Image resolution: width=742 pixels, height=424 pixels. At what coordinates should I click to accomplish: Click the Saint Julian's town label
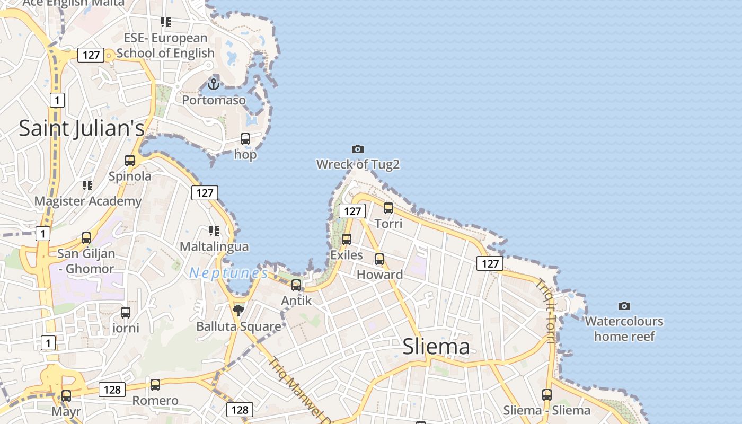82,128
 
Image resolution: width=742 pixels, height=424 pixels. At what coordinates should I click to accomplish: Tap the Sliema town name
436,347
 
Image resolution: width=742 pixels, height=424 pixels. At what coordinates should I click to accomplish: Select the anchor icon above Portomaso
214,84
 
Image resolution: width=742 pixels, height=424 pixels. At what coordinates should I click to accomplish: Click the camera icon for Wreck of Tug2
358,149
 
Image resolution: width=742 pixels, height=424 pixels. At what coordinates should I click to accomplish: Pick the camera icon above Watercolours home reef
624,306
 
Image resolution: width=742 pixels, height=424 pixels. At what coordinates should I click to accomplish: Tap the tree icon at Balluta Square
238,310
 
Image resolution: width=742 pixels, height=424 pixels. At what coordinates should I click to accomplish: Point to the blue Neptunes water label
229,273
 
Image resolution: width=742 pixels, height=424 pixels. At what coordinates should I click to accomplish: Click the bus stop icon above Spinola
130,160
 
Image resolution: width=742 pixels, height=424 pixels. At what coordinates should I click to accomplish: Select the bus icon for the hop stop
245,139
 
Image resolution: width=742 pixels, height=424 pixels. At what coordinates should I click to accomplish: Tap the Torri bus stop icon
388,208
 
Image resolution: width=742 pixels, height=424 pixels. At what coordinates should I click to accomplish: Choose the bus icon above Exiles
347,240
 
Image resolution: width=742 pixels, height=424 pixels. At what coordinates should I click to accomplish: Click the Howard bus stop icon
379,259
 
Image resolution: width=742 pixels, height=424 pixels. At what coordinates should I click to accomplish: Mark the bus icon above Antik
296,285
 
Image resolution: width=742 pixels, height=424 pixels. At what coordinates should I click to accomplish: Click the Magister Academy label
88,201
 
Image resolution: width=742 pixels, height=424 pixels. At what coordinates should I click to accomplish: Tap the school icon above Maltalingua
214,231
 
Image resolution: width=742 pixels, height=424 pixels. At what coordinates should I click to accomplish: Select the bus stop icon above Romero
155,385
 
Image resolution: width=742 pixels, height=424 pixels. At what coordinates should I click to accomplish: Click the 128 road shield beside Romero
112,390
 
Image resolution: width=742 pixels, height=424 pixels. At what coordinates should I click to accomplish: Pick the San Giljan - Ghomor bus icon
86,238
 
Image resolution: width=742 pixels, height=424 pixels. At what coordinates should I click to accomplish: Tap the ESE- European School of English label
165,46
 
